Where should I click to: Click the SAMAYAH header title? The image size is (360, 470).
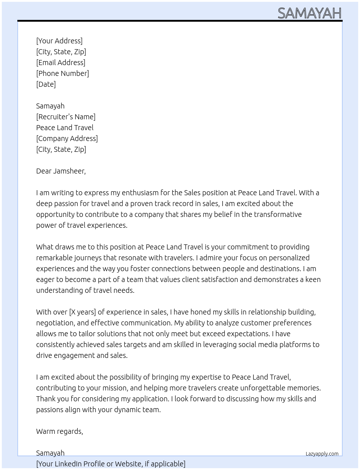coord(309,13)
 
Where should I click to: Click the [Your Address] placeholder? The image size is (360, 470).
coord(59,41)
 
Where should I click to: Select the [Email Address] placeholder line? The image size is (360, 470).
coord(61,63)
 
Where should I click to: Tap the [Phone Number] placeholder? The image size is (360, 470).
coord(63,73)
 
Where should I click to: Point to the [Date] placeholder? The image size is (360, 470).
coord(46,84)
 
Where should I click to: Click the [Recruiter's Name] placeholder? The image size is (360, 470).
coord(66,117)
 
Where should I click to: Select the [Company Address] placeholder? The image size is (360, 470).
coord(67,138)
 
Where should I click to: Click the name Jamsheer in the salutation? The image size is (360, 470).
coord(69,171)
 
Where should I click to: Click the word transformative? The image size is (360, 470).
coord(278,214)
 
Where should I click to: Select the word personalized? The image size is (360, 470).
coord(289,258)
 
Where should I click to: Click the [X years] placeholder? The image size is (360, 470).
coord(82,312)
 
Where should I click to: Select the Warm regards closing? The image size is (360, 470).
coord(60,431)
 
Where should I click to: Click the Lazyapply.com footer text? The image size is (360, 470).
coord(322,454)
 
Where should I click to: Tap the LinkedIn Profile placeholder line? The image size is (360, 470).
coord(111,464)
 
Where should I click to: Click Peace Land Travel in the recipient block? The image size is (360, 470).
coord(65,128)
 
